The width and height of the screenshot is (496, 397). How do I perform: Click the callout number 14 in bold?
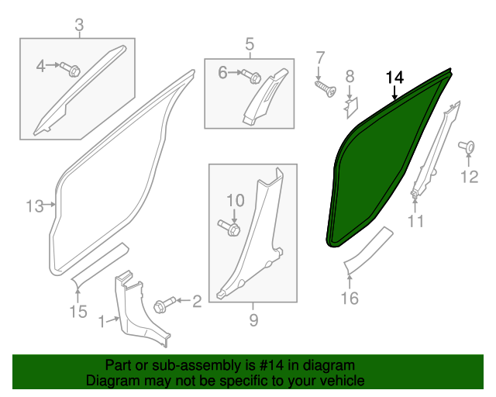pyautogui.click(x=394, y=78)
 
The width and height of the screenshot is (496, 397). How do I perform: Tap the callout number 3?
pyautogui.click(x=78, y=28)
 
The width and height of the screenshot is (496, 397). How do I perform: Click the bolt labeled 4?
pyautogui.click(x=73, y=71)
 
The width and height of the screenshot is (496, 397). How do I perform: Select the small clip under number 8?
pyautogui.click(x=351, y=102)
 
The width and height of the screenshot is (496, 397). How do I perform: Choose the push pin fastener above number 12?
pyautogui.click(x=467, y=147)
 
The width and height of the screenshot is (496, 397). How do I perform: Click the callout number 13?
pyautogui.click(x=35, y=206)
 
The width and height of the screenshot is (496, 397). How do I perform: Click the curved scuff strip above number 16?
pyautogui.click(x=368, y=248)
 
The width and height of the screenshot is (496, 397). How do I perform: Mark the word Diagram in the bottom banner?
pyautogui.click(x=110, y=381)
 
